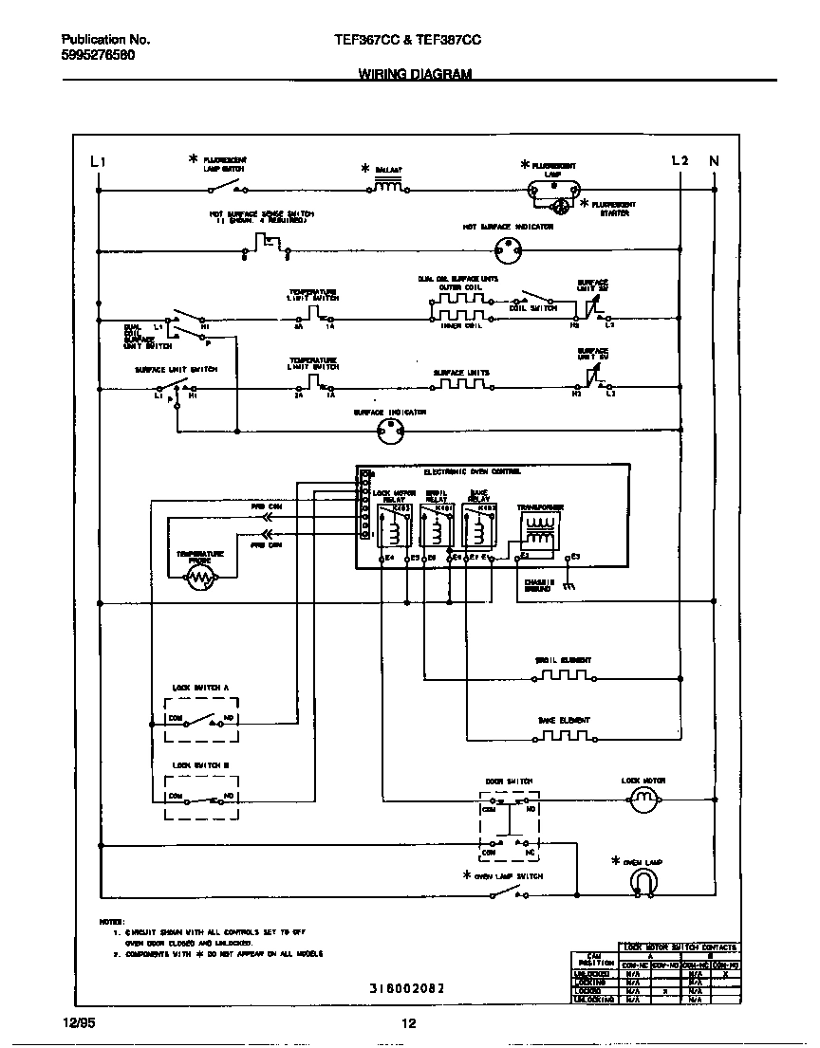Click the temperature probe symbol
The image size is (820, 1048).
(200, 579)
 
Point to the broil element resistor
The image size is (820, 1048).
(564, 677)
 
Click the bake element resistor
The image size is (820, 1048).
(564, 736)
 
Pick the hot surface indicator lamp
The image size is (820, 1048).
(510, 250)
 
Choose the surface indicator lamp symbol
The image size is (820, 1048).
(389, 433)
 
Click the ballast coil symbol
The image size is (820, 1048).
(388, 188)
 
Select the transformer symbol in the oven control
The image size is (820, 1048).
(540, 532)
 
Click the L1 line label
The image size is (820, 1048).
(97, 161)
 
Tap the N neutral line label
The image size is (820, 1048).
(714, 161)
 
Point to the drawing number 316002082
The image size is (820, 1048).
(406, 987)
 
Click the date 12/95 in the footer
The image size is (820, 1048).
(79, 1022)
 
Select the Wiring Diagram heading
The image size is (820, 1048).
(415, 73)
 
